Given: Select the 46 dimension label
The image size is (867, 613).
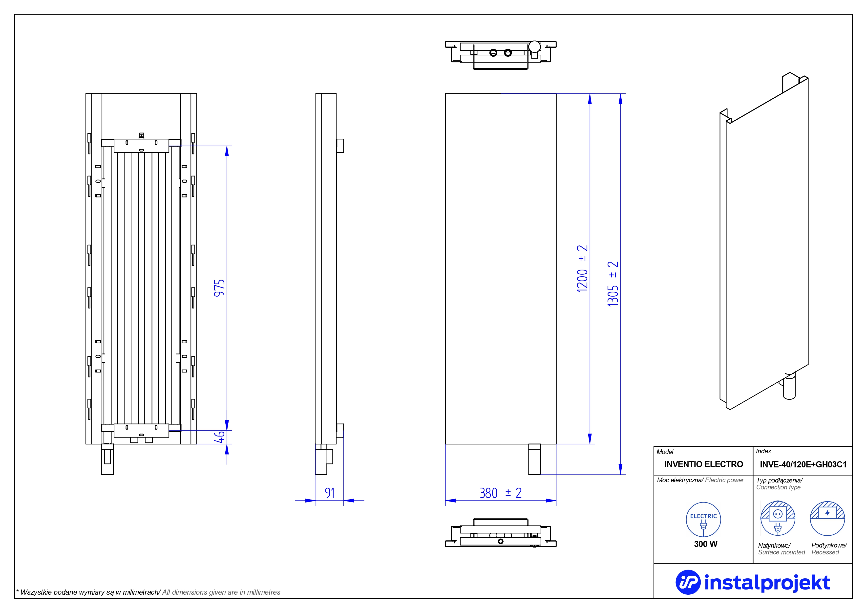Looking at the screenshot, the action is coord(219,437).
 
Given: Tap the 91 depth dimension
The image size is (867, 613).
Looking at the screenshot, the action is coord(330,493).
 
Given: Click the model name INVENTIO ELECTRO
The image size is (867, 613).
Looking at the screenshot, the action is coord(703,464).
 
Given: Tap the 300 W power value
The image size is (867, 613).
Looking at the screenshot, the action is coord(705,544).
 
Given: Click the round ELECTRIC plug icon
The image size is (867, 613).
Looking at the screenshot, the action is coord(703,520).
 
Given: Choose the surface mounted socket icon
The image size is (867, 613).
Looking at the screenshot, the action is coord(778,518).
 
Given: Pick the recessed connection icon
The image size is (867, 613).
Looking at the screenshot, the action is coord(827,518).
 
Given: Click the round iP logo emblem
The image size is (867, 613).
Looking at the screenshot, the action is coord(688,582).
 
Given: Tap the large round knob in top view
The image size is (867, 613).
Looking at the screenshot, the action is coord(534,46).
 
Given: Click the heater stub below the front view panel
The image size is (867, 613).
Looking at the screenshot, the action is coord(534,459).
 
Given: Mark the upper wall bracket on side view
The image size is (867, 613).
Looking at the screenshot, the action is coord(340,146).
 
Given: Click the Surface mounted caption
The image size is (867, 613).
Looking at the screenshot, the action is coord(781,552).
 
